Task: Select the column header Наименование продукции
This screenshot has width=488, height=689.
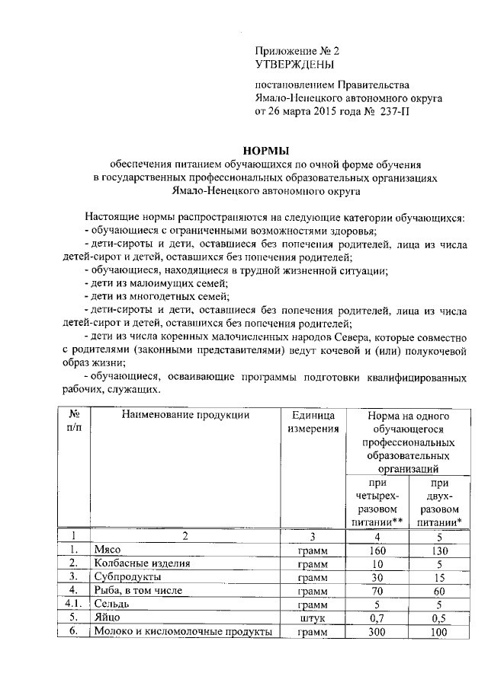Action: click(x=184, y=415)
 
